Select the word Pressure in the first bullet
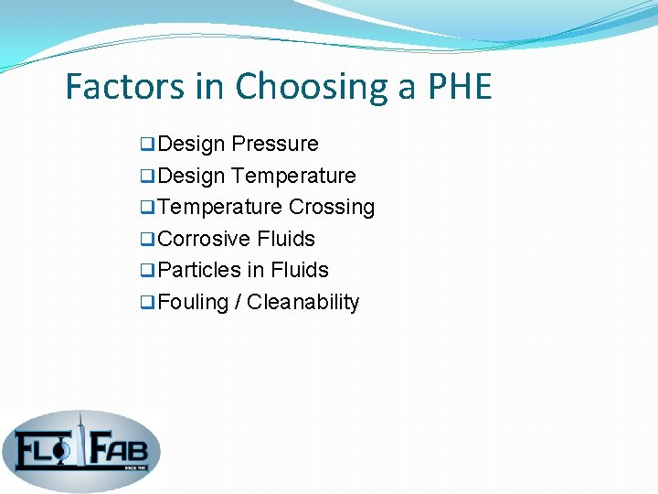pyautogui.click(x=275, y=145)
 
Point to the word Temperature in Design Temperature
pyautogui.click(x=294, y=176)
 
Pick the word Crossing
pyautogui.click(x=332, y=208)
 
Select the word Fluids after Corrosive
pyautogui.click(x=286, y=239)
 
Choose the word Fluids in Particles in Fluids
pyautogui.click(x=300, y=271)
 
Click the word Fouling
pyautogui.click(x=193, y=302)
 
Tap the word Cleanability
pyautogui.click(x=303, y=302)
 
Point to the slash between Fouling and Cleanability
pyautogui.click(x=238, y=302)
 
